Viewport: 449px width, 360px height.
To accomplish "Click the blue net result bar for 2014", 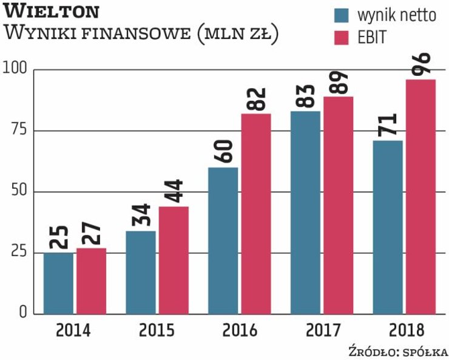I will click(58, 283).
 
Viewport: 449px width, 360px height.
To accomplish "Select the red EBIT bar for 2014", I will click(92, 280).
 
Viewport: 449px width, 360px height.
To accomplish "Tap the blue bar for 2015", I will click(141, 272).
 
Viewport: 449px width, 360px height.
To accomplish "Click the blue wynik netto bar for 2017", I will click(305, 212).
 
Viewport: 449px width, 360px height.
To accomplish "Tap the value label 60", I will click(223, 152).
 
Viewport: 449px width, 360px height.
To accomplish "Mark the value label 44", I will click(174, 192).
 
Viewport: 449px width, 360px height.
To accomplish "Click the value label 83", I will click(305, 96).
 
